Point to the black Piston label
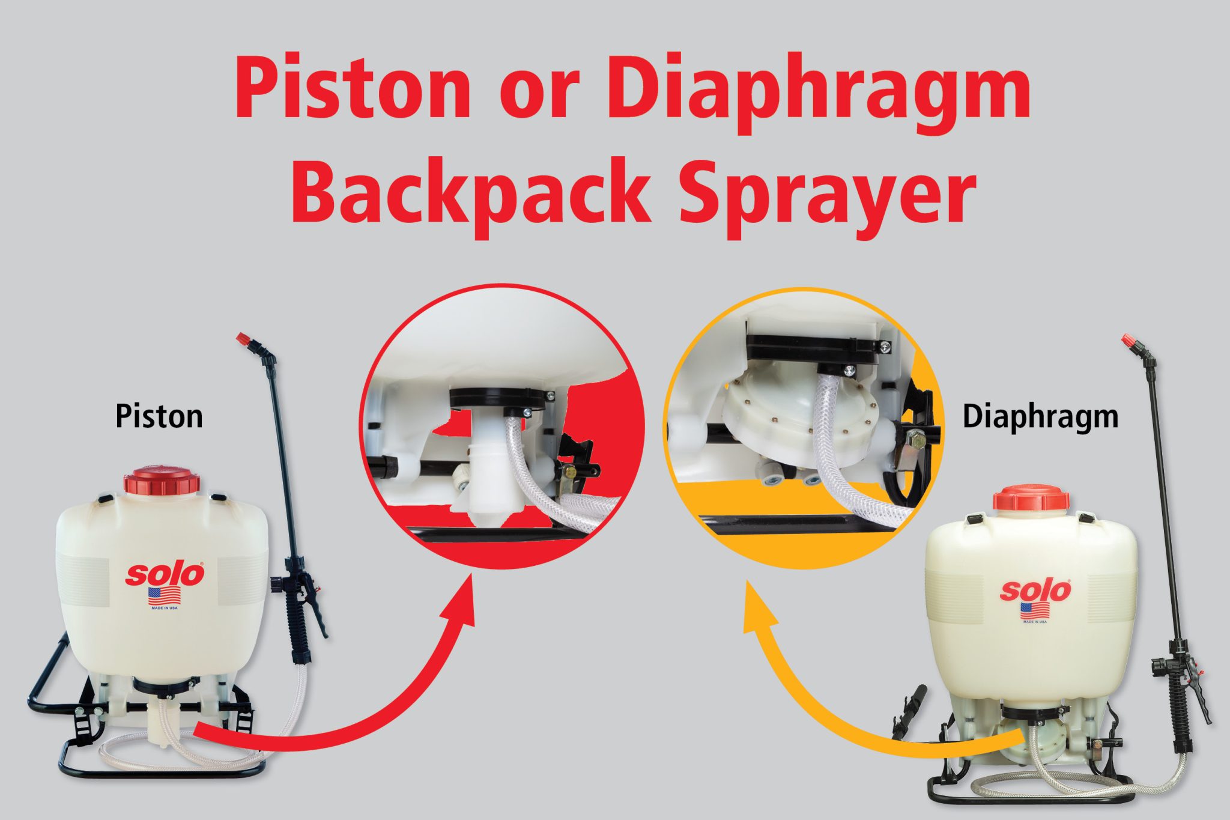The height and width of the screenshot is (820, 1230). (x=159, y=416)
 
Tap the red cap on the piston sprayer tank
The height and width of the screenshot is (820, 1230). (x=162, y=481)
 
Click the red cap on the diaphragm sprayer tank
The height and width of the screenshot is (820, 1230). (x=1031, y=499)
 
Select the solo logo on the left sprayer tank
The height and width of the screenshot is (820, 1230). (x=164, y=575)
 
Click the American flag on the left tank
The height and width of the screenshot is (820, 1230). (x=164, y=596)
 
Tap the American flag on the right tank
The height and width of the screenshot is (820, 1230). (x=1035, y=611)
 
